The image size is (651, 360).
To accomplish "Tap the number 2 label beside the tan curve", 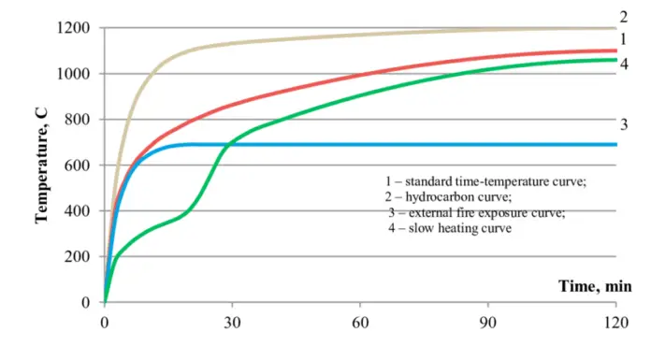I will click(623, 16).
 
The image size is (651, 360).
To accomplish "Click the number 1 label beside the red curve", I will click(623, 41).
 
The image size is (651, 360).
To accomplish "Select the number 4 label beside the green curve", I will click(623, 64).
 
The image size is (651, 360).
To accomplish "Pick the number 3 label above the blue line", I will click(623, 123).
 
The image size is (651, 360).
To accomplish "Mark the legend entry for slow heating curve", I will click(451, 229).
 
